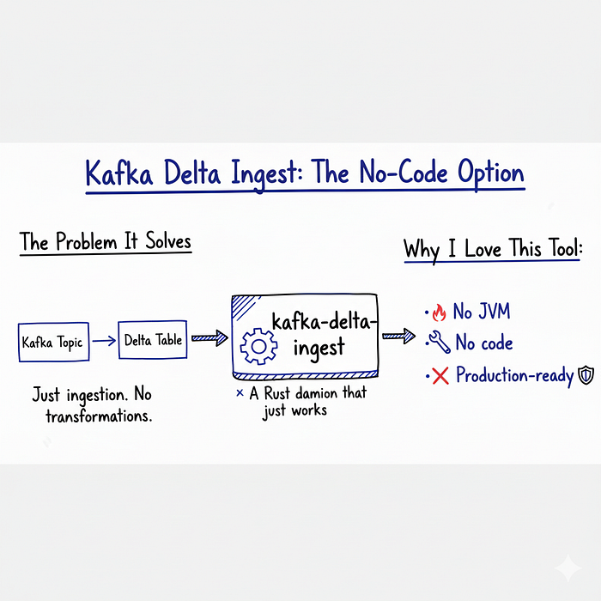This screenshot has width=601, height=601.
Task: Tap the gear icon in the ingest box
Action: (258, 346)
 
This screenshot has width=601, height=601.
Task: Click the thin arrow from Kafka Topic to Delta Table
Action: (104, 340)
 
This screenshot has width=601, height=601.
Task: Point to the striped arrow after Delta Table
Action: (209, 338)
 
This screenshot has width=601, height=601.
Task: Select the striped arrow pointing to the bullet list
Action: (398, 337)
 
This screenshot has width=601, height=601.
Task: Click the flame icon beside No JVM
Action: (440, 313)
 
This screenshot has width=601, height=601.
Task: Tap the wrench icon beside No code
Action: (440, 342)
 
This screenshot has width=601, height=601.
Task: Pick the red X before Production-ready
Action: (440, 375)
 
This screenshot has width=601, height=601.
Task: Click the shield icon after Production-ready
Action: (586, 375)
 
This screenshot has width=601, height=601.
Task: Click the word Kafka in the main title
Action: (118, 173)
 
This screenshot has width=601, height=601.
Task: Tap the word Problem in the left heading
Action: (86, 242)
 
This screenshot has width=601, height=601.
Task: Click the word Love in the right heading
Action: (483, 249)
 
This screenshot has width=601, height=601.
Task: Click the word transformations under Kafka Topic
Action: (99, 416)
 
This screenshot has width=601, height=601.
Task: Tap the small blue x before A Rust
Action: (240, 393)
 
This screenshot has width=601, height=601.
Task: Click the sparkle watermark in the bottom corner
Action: (568, 568)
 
